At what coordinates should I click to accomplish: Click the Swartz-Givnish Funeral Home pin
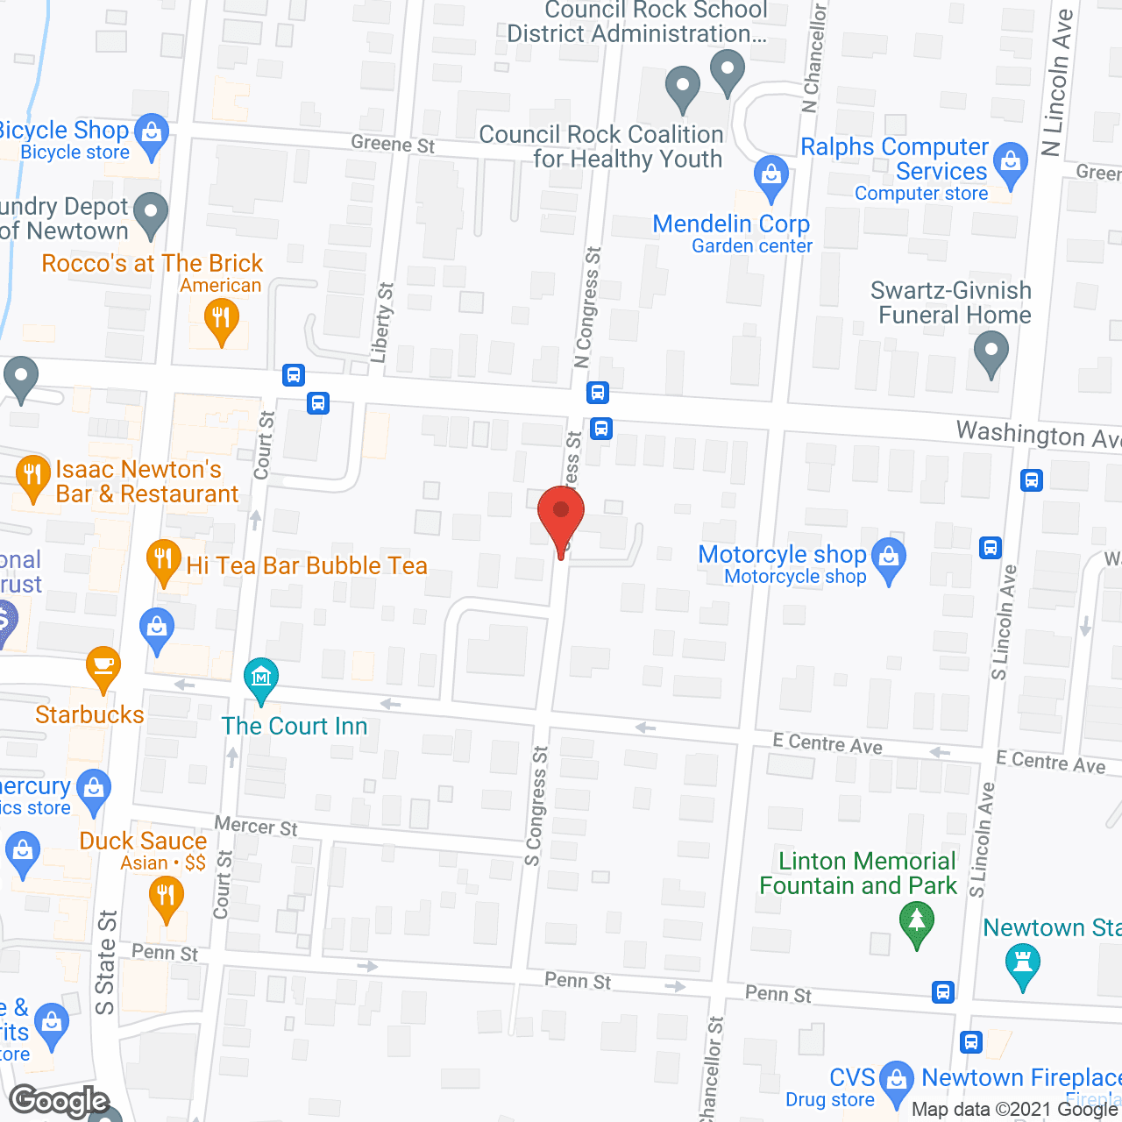point(991,352)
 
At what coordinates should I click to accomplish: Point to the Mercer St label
point(256,826)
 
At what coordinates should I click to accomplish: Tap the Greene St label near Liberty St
point(393,144)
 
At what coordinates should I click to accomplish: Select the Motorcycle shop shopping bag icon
point(890,559)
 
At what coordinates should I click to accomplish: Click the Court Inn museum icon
point(261,678)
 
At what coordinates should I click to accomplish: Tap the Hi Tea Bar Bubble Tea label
point(307,565)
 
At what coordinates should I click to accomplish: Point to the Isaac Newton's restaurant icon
point(32,476)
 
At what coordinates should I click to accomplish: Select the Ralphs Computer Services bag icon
point(1012,163)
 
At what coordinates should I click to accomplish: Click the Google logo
point(60,1100)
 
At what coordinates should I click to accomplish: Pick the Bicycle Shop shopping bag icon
point(153,135)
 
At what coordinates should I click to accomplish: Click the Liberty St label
point(382,323)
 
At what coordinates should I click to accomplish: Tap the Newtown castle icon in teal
point(1023,963)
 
